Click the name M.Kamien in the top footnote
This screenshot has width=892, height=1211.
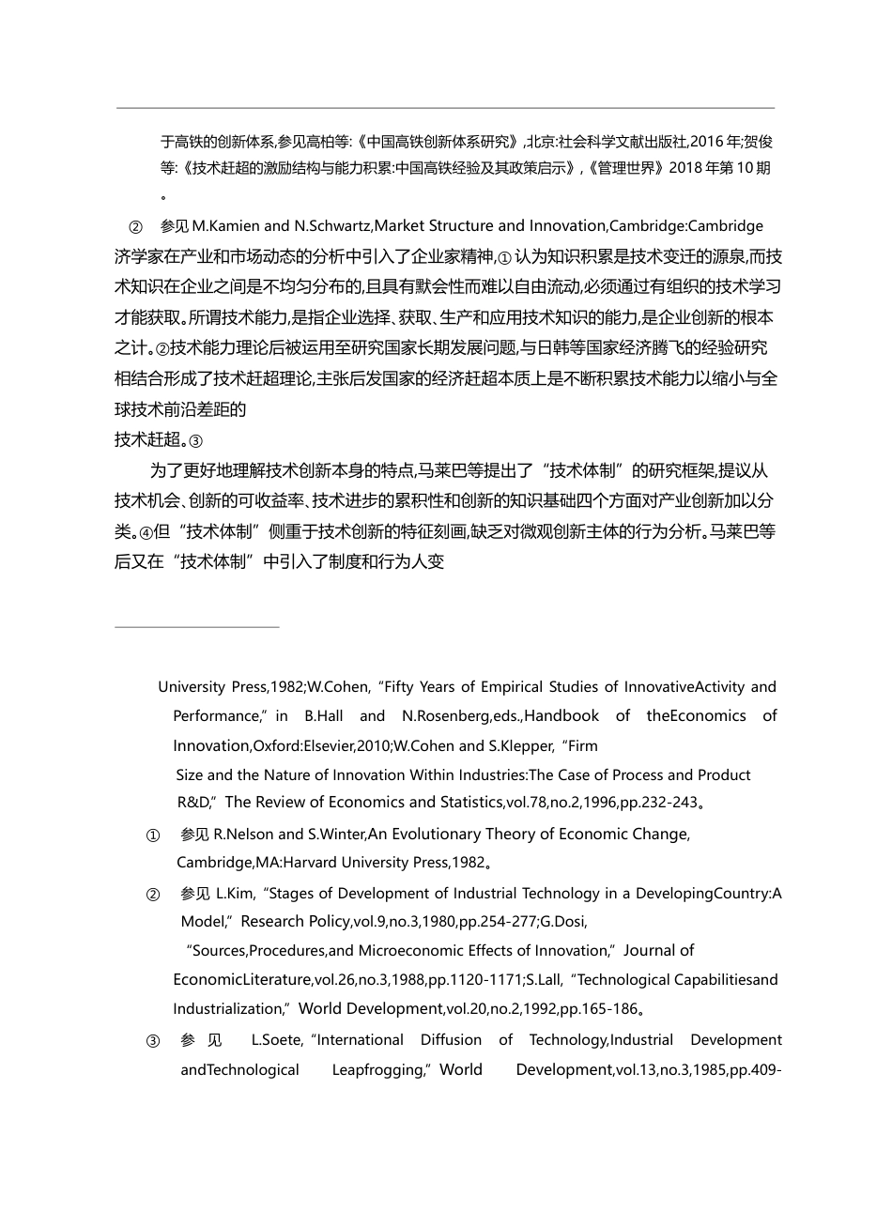(226, 226)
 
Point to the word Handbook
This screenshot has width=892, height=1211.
(561, 716)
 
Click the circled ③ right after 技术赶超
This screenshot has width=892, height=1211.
(195, 440)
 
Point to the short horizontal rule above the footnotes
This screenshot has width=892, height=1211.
(197, 626)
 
